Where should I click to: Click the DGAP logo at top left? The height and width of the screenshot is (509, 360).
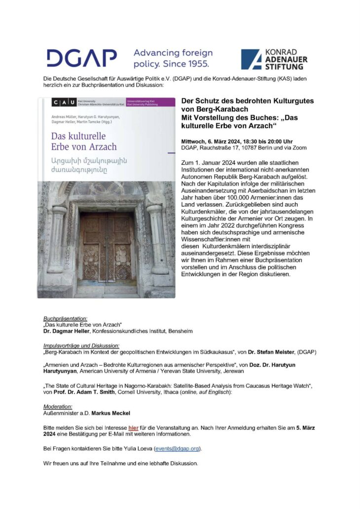point(81,58)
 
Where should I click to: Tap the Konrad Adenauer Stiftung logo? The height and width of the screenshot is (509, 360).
point(274,59)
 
